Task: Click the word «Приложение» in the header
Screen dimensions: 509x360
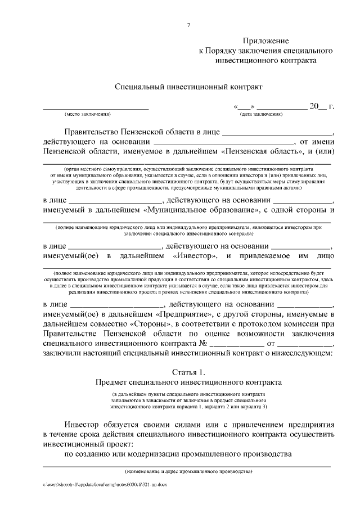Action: (266, 42)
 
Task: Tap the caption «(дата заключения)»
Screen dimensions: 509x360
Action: (262, 114)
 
